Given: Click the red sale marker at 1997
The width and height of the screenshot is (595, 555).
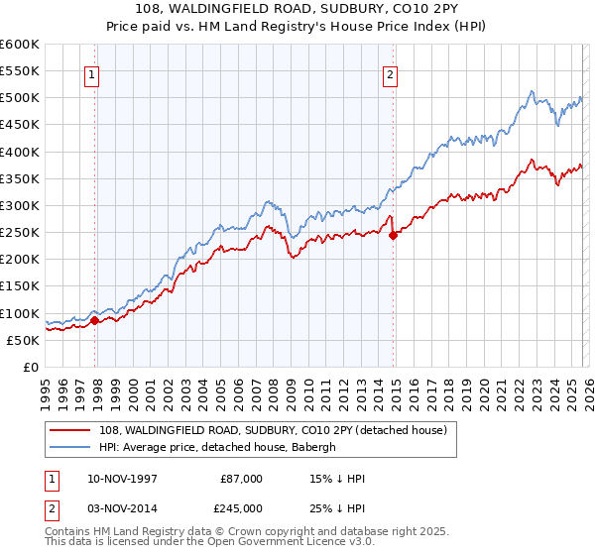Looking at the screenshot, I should point(95,320).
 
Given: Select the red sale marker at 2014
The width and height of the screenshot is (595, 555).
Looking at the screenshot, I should point(394,236).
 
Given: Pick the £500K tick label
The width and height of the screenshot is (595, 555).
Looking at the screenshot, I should point(20,98).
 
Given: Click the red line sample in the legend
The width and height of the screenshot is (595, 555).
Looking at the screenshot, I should point(71,430).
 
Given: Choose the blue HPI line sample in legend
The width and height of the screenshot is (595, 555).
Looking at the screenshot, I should point(71,447).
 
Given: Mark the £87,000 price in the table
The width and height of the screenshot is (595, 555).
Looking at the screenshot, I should point(241,479).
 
